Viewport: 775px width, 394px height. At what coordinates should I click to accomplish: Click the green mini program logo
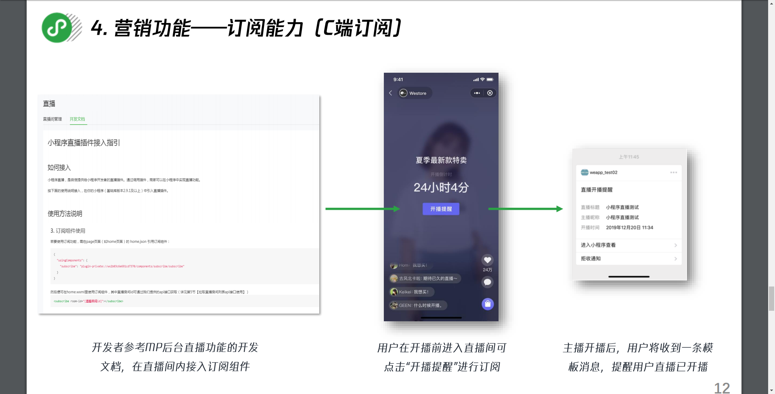coord(57,27)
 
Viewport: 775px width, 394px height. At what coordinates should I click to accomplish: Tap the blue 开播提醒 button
coord(441,209)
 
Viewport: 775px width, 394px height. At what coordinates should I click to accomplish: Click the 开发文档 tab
coord(77,119)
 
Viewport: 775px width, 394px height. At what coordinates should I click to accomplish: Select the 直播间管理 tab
coord(52,119)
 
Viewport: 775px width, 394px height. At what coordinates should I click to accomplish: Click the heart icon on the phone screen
coord(487,260)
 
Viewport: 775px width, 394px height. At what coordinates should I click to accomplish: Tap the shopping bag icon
coord(488,304)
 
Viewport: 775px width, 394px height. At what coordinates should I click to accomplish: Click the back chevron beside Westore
coord(391,93)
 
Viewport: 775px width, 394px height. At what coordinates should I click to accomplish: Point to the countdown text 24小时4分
coord(441,188)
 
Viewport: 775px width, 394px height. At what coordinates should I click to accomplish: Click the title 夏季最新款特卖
coord(441,160)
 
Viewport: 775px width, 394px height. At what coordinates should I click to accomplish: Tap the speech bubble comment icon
coord(487,282)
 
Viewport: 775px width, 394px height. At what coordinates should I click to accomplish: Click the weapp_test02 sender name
coord(603,173)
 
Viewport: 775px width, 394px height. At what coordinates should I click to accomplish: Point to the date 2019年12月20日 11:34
coord(629,228)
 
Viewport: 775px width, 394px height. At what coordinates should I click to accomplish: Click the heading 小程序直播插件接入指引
coord(84,143)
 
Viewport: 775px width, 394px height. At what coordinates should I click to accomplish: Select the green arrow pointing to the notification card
coord(525,209)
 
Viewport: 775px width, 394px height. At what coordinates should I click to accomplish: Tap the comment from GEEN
coord(418,306)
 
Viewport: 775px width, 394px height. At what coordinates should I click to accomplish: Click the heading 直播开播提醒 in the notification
coord(597,190)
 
